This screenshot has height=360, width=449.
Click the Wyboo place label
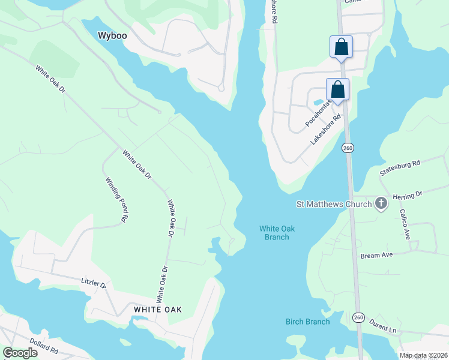pos(113,35)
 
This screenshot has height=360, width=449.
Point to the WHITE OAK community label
pos(157,310)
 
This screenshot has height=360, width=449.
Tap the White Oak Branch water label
pos(277,232)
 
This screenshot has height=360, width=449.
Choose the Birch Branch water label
pos(307,322)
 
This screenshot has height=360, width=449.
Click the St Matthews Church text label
pos(334,204)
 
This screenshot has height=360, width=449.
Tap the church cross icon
pos(381,204)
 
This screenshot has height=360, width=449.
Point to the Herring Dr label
pos(408,194)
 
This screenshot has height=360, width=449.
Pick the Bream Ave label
pos(376,256)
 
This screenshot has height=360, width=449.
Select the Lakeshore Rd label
pos(325,129)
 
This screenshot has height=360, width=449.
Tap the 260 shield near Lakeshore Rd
pos(348,148)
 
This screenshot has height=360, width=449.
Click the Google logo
pos(20,352)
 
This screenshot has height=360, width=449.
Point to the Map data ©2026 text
pos(423,355)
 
